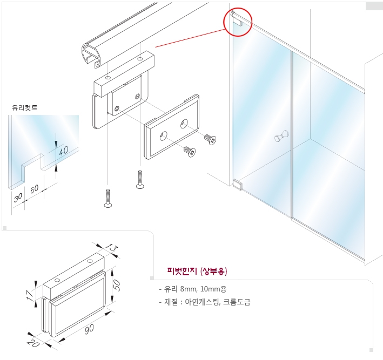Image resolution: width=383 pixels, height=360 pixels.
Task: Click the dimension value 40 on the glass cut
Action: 64,151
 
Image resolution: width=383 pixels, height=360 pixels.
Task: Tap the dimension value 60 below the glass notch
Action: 35,189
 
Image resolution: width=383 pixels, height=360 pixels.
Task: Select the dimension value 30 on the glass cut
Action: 18,198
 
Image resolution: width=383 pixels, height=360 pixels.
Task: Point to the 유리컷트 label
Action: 25,107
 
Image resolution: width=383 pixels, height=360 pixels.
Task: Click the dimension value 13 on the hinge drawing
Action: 112,248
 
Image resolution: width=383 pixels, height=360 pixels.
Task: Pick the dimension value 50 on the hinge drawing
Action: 117,285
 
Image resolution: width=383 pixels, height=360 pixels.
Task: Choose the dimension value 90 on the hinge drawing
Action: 89,329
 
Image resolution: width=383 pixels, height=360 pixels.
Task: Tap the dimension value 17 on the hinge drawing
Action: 30,295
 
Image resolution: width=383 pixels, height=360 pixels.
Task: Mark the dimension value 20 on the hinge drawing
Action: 33,343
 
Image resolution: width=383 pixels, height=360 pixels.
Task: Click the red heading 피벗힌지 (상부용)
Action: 197,271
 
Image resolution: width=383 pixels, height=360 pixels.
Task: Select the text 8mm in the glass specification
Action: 189,289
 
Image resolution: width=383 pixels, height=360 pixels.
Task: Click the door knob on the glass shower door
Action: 281,136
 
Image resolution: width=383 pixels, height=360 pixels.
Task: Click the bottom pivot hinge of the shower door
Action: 238,185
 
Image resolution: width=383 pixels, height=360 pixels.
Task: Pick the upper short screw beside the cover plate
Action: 210,139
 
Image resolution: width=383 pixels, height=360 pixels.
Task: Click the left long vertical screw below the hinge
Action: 108,198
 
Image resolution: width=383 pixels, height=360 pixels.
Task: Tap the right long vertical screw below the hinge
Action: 140,179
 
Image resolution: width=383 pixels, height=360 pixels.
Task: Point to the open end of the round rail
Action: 91,56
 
